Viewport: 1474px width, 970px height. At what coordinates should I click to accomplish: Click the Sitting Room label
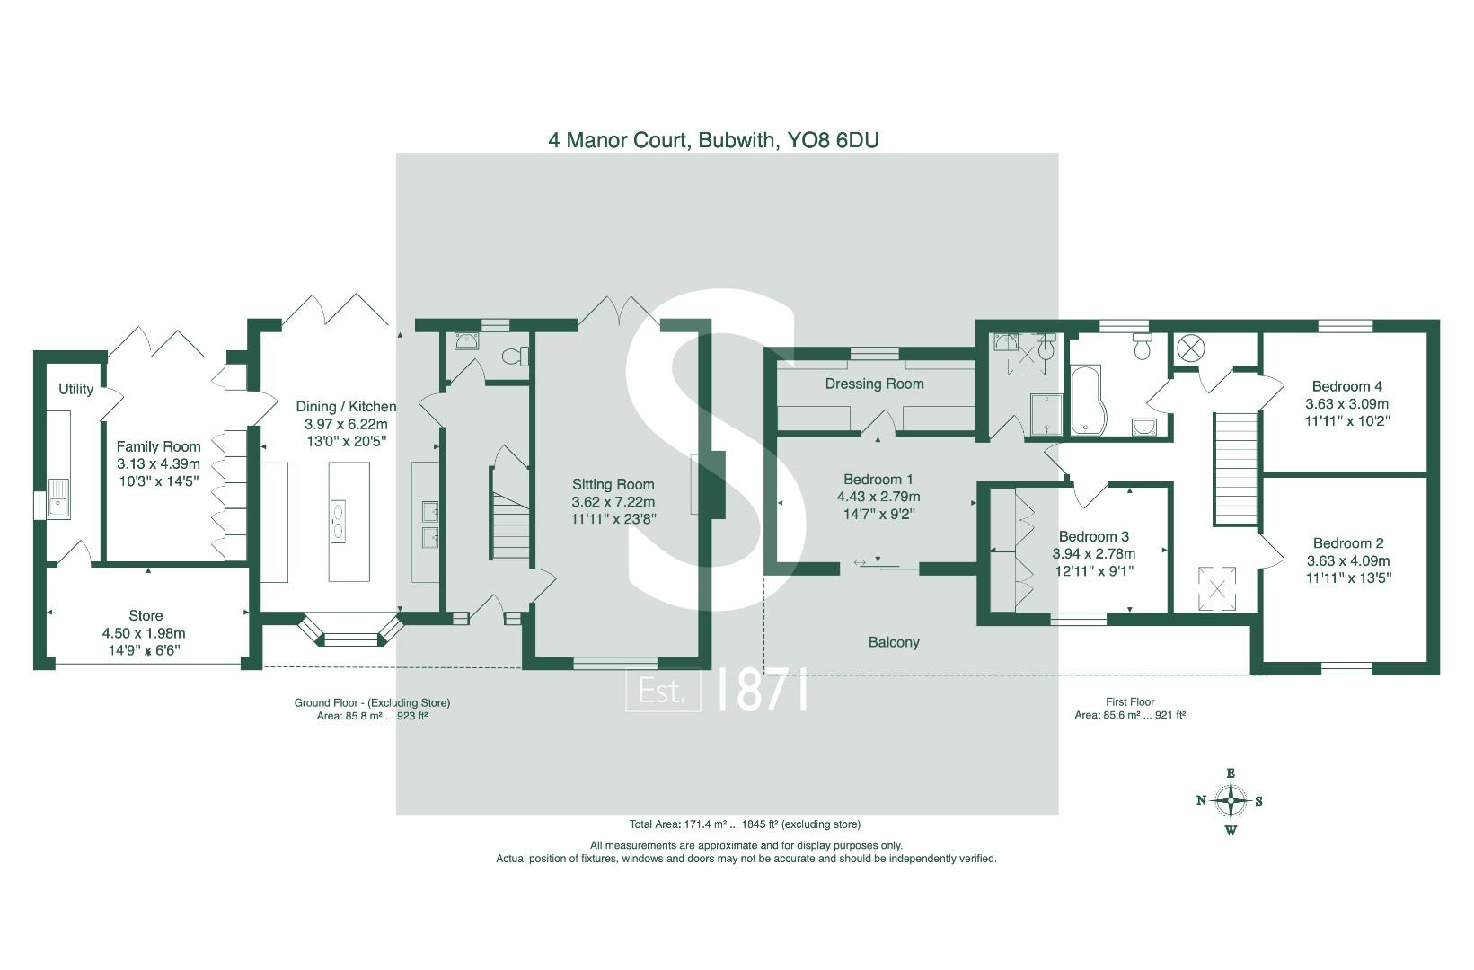tap(613, 485)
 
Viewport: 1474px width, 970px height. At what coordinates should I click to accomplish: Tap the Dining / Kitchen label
tap(346, 407)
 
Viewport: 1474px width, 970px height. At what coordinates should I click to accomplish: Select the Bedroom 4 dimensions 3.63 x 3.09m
tap(1346, 404)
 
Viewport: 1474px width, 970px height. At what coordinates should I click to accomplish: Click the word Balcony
tap(893, 642)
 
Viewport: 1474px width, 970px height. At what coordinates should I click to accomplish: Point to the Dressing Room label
tap(874, 384)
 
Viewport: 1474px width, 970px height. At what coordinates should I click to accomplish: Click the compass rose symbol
tap(1230, 800)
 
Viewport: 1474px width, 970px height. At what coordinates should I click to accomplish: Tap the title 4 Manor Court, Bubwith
tap(713, 140)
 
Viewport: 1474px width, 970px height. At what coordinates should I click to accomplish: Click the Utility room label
tap(75, 389)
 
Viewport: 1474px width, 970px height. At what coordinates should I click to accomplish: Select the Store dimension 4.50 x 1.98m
tap(146, 633)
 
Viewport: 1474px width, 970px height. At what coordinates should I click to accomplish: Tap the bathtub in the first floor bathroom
tap(1088, 401)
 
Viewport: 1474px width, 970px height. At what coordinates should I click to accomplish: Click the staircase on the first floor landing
tap(1236, 467)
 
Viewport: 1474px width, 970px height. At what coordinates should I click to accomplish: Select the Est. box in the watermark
tap(663, 691)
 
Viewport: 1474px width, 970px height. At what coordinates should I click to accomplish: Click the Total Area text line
tap(745, 824)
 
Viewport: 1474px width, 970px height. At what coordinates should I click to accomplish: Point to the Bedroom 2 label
tap(1347, 543)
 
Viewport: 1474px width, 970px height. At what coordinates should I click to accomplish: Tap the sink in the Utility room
tap(58, 498)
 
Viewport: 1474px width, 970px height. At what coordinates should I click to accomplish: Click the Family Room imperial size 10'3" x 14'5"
tap(158, 481)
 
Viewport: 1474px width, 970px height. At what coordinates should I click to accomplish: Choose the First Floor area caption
tap(1129, 709)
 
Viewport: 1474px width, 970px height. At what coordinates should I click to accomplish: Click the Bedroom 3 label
tap(1093, 537)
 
